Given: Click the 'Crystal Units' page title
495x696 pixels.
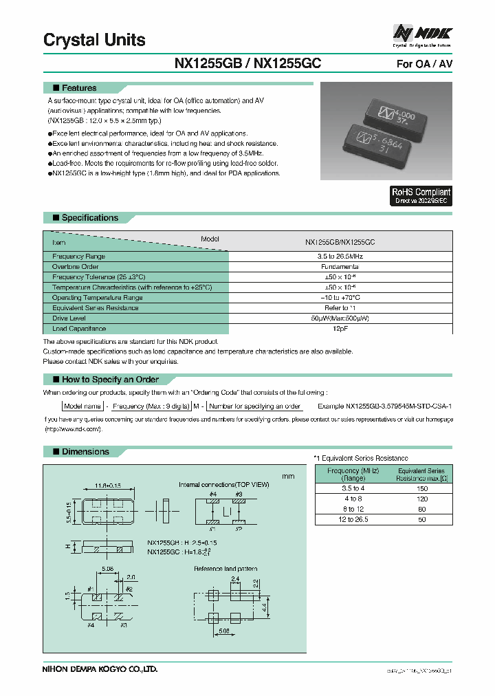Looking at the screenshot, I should (94, 40).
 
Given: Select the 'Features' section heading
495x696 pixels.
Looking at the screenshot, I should (78, 88).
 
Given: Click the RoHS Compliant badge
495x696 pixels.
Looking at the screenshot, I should (421, 196).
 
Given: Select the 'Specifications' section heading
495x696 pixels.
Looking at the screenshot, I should (89, 218).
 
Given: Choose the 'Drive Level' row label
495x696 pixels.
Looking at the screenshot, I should (68, 318).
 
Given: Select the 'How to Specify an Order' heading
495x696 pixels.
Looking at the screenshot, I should (109, 380).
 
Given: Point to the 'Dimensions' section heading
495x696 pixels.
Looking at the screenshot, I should (85, 452).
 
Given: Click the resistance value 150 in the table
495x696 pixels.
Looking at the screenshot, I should (422, 488).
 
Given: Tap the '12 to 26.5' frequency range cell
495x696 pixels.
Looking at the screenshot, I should (353, 520).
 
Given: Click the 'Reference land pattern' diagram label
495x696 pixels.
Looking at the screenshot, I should (226, 569).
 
